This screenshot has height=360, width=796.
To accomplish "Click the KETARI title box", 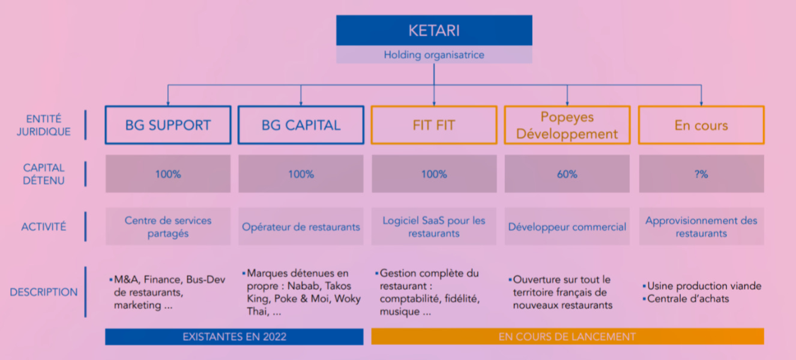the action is pyautogui.click(x=433, y=31).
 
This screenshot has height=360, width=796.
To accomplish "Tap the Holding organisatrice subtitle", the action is pyautogui.click(x=433, y=55).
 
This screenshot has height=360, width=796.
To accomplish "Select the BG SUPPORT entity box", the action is pyautogui.click(x=168, y=125).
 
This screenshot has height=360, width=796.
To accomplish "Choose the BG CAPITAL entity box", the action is pyautogui.click(x=301, y=125).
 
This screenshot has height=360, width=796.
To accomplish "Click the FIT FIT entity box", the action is pyautogui.click(x=434, y=125).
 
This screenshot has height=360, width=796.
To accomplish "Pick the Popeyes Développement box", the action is pyautogui.click(x=567, y=125).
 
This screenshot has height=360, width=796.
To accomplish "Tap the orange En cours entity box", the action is pyautogui.click(x=701, y=125).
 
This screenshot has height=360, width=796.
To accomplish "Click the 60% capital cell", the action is pyautogui.click(x=567, y=174).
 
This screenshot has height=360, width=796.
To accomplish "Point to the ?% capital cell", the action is pyautogui.click(x=701, y=174).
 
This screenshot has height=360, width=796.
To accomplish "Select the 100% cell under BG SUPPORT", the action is pyautogui.click(x=168, y=174).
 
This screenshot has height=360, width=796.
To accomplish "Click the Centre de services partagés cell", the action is pyautogui.click(x=168, y=227).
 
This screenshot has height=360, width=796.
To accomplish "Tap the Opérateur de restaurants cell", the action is pyautogui.click(x=301, y=227).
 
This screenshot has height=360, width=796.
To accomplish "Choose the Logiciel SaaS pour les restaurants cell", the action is pyautogui.click(x=434, y=227).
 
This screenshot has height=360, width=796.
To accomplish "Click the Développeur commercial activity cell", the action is pyautogui.click(x=567, y=227).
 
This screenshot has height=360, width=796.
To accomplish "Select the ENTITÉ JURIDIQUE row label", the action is pyautogui.click(x=44, y=125).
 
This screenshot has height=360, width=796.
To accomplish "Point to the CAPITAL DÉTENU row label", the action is pyautogui.click(x=44, y=174).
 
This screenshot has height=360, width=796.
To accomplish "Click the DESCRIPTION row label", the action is pyautogui.click(x=44, y=292).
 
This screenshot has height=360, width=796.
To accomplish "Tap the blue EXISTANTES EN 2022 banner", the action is pyautogui.click(x=234, y=337).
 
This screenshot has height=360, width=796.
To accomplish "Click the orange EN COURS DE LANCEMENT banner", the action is pyautogui.click(x=567, y=337).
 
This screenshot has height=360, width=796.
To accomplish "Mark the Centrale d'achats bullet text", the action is pyautogui.click(x=688, y=298).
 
